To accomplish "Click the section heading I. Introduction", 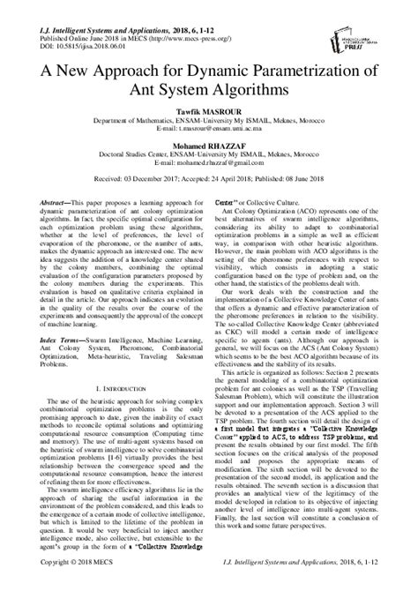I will point(113,410).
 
